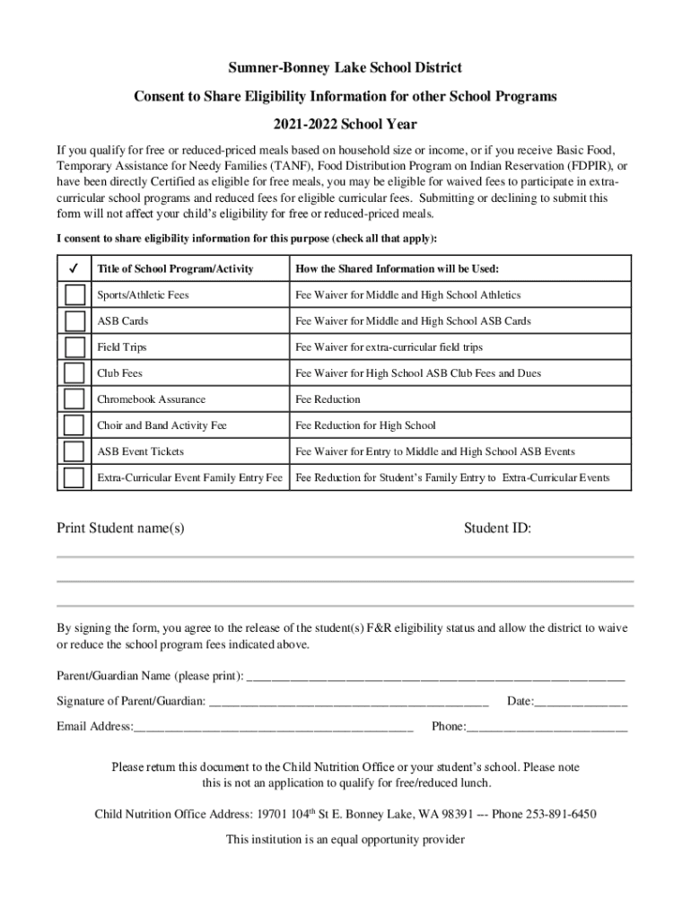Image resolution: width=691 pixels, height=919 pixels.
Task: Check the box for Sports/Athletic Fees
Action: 74,295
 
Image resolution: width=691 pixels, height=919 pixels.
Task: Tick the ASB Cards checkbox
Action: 74,321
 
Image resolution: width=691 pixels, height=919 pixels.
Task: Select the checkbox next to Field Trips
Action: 74,347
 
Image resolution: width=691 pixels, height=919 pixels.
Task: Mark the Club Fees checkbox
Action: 74,373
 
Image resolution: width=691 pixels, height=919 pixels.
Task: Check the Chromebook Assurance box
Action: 74,399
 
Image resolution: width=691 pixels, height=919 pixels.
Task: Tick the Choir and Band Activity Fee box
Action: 74,425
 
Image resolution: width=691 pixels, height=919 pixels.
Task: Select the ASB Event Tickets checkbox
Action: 74,451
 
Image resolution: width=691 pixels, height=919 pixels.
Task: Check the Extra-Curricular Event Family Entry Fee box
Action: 74,477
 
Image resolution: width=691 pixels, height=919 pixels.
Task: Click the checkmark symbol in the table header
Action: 74,268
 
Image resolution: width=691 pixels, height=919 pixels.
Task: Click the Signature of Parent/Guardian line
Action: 349,701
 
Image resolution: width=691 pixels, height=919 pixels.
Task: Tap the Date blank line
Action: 581,701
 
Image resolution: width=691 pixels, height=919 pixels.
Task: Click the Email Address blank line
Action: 274,727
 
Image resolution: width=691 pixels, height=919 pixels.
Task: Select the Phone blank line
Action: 547,727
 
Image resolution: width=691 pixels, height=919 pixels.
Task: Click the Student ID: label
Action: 497,529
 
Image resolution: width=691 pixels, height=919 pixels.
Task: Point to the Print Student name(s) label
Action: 121,529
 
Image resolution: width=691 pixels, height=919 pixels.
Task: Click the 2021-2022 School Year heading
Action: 345,125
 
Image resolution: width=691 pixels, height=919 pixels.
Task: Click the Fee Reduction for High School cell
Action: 365,425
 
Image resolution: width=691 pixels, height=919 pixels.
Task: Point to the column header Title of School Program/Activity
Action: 175,269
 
